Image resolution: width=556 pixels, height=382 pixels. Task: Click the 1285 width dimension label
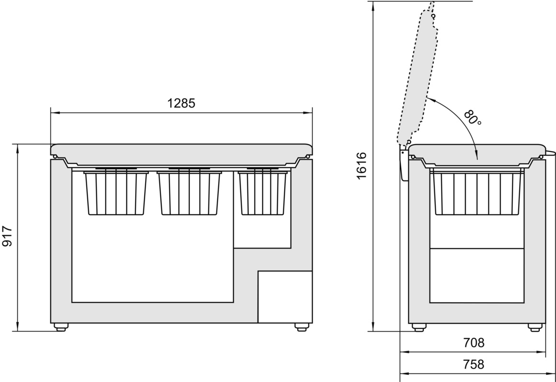click(x=181, y=103)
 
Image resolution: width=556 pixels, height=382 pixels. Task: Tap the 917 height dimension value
click(x=7, y=236)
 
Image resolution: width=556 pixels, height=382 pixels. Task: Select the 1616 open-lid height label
click(x=361, y=166)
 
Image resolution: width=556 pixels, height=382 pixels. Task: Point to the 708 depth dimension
click(x=474, y=343)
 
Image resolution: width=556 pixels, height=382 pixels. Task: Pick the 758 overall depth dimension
click(x=474, y=364)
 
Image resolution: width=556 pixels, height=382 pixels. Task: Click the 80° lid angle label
click(x=473, y=117)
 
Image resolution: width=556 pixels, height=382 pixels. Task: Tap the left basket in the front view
click(x=116, y=193)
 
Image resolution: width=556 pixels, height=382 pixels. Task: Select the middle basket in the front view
click(x=189, y=193)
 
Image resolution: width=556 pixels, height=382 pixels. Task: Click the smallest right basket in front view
click(x=263, y=193)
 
